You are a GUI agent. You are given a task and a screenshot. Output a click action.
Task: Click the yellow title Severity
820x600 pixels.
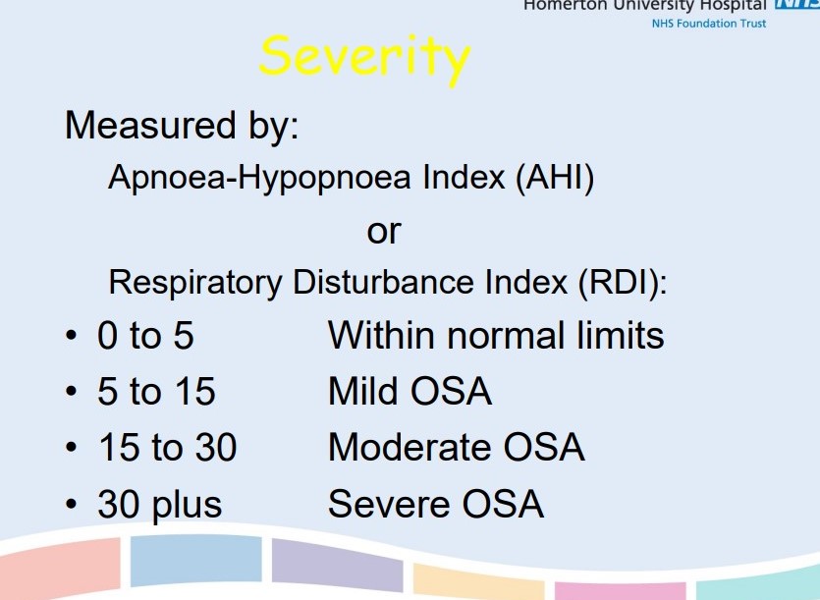(364, 57)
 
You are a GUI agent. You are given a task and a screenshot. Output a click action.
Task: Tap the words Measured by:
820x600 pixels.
(182, 126)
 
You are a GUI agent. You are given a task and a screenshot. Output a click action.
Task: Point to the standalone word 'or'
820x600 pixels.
(384, 232)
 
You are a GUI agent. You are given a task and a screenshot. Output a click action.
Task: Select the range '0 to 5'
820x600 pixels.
(145, 337)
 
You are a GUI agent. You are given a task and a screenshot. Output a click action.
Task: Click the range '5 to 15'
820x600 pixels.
(156, 393)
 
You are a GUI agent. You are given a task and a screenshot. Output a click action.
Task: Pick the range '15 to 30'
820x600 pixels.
(167, 449)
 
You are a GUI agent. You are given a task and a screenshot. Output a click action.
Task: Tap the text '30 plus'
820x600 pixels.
(160, 505)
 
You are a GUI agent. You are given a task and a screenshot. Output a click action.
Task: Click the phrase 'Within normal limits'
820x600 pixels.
(496, 336)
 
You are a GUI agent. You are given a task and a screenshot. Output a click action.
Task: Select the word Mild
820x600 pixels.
(364, 393)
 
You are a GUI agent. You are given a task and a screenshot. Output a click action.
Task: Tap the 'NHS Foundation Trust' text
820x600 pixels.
(709, 23)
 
